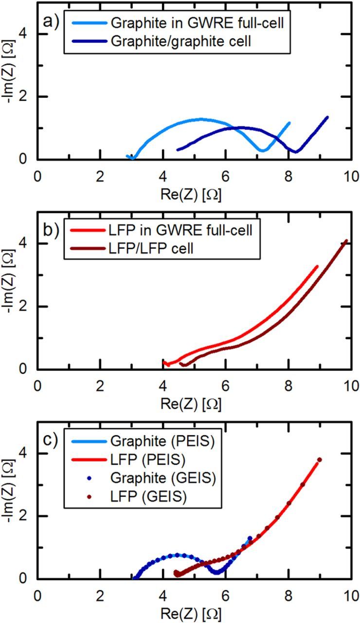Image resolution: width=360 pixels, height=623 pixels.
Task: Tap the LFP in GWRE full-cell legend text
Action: point(180,231)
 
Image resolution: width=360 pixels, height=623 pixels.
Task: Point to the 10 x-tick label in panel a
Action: point(351,175)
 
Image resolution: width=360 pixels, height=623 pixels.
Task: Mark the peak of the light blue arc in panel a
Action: point(200,119)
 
